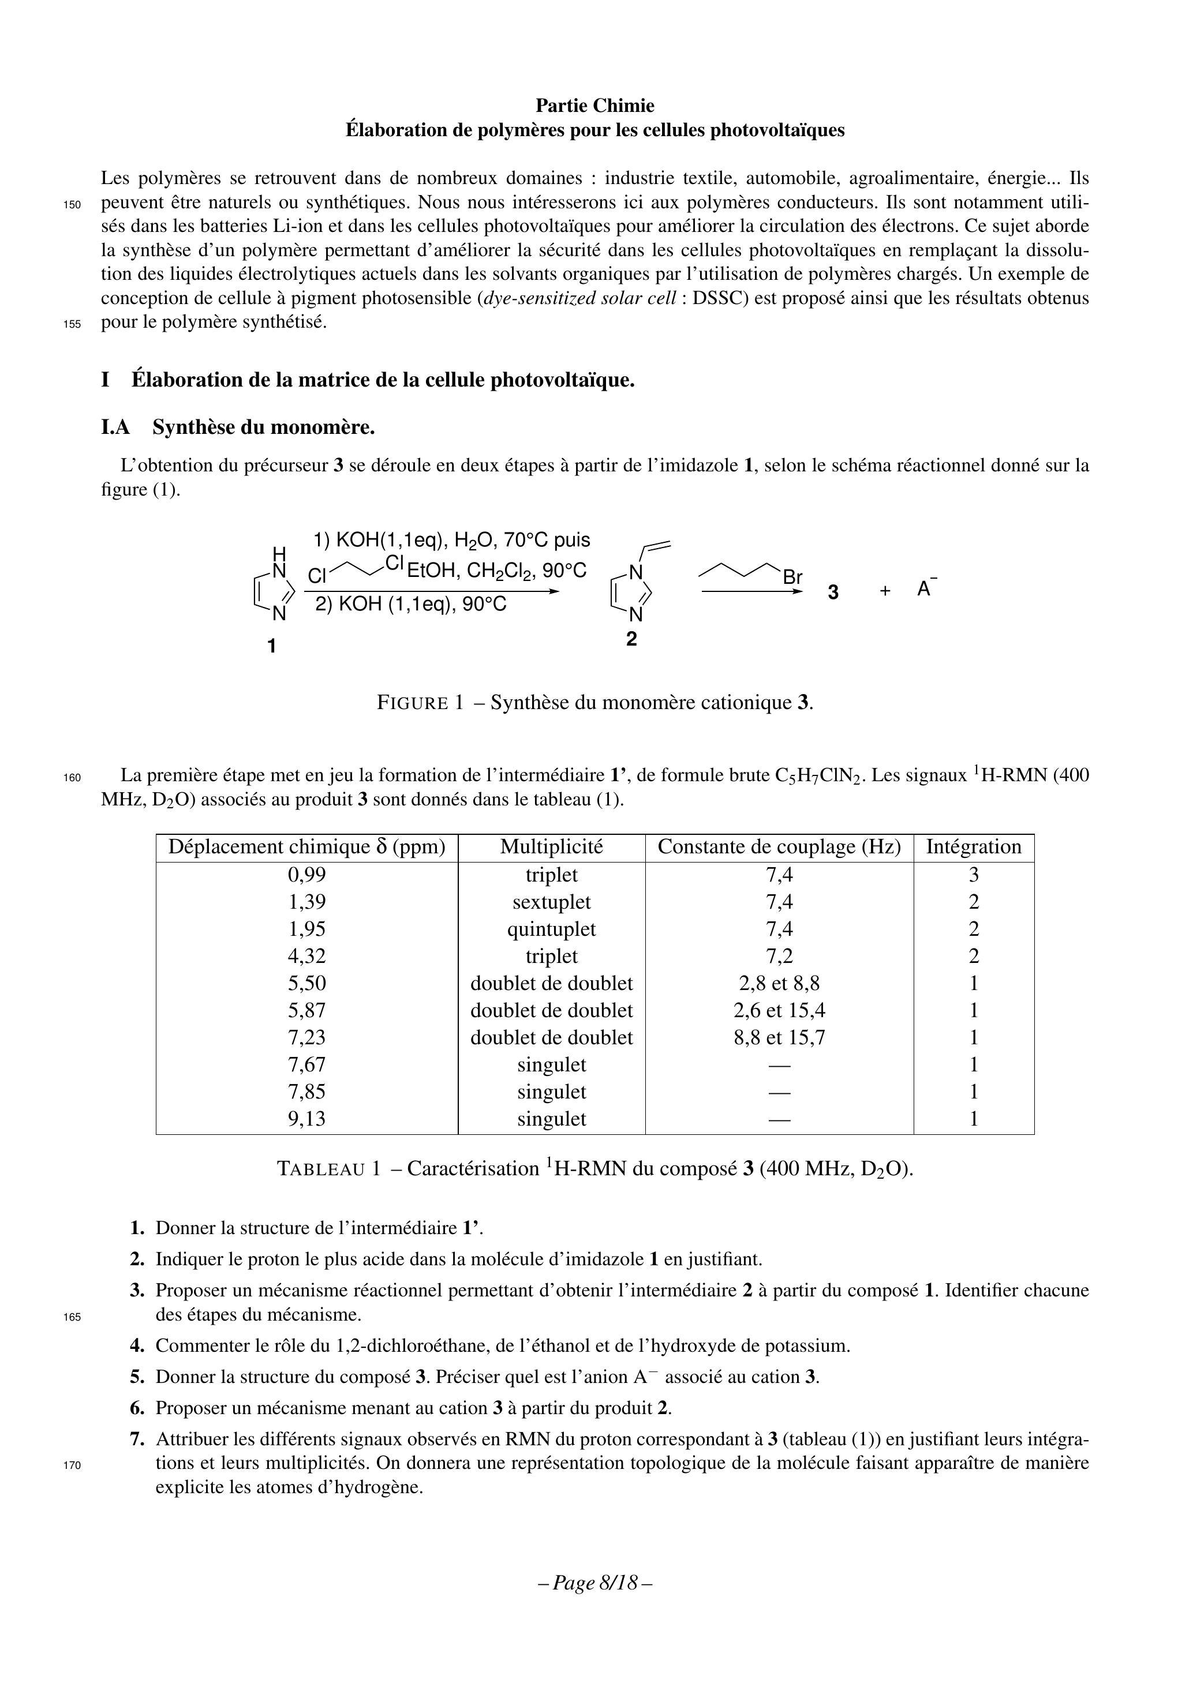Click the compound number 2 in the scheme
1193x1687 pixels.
pos(631,639)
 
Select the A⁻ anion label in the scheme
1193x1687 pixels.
pos(925,588)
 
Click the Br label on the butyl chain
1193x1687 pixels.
pos(792,578)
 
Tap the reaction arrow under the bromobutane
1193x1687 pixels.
pos(750,592)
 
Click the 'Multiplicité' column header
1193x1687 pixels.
pos(551,847)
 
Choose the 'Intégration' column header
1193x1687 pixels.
pos(973,847)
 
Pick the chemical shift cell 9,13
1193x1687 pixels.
pos(306,1119)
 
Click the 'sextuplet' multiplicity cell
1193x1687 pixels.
pos(551,902)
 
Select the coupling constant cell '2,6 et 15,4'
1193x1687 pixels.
pos(779,1010)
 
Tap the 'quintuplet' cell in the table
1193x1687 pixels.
pos(551,929)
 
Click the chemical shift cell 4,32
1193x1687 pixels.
pos(306,956)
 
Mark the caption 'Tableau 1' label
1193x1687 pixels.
pos(328,1169)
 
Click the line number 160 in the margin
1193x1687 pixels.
pos(72,777)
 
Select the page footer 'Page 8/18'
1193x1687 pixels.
pos(596,1582)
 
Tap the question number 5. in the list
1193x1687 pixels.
pos(137,1377)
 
